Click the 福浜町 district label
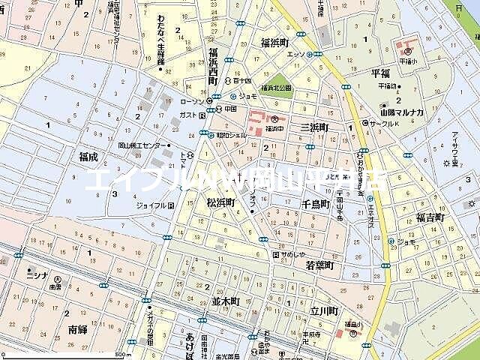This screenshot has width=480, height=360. pyautogui.click(x=274, y=43)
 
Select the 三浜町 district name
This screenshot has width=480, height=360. pyautogui.click(x=313, y=128)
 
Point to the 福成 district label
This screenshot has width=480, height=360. pyautogui.click(x=88, y=157)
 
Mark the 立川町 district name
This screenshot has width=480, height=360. pyautogui.click(x=323, y=310)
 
